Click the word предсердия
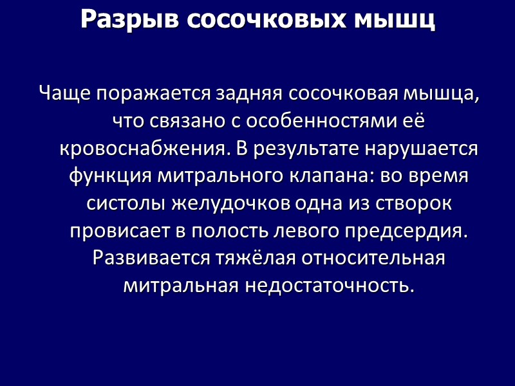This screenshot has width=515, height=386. point(406,231)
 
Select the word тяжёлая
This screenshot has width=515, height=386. point(254,258)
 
